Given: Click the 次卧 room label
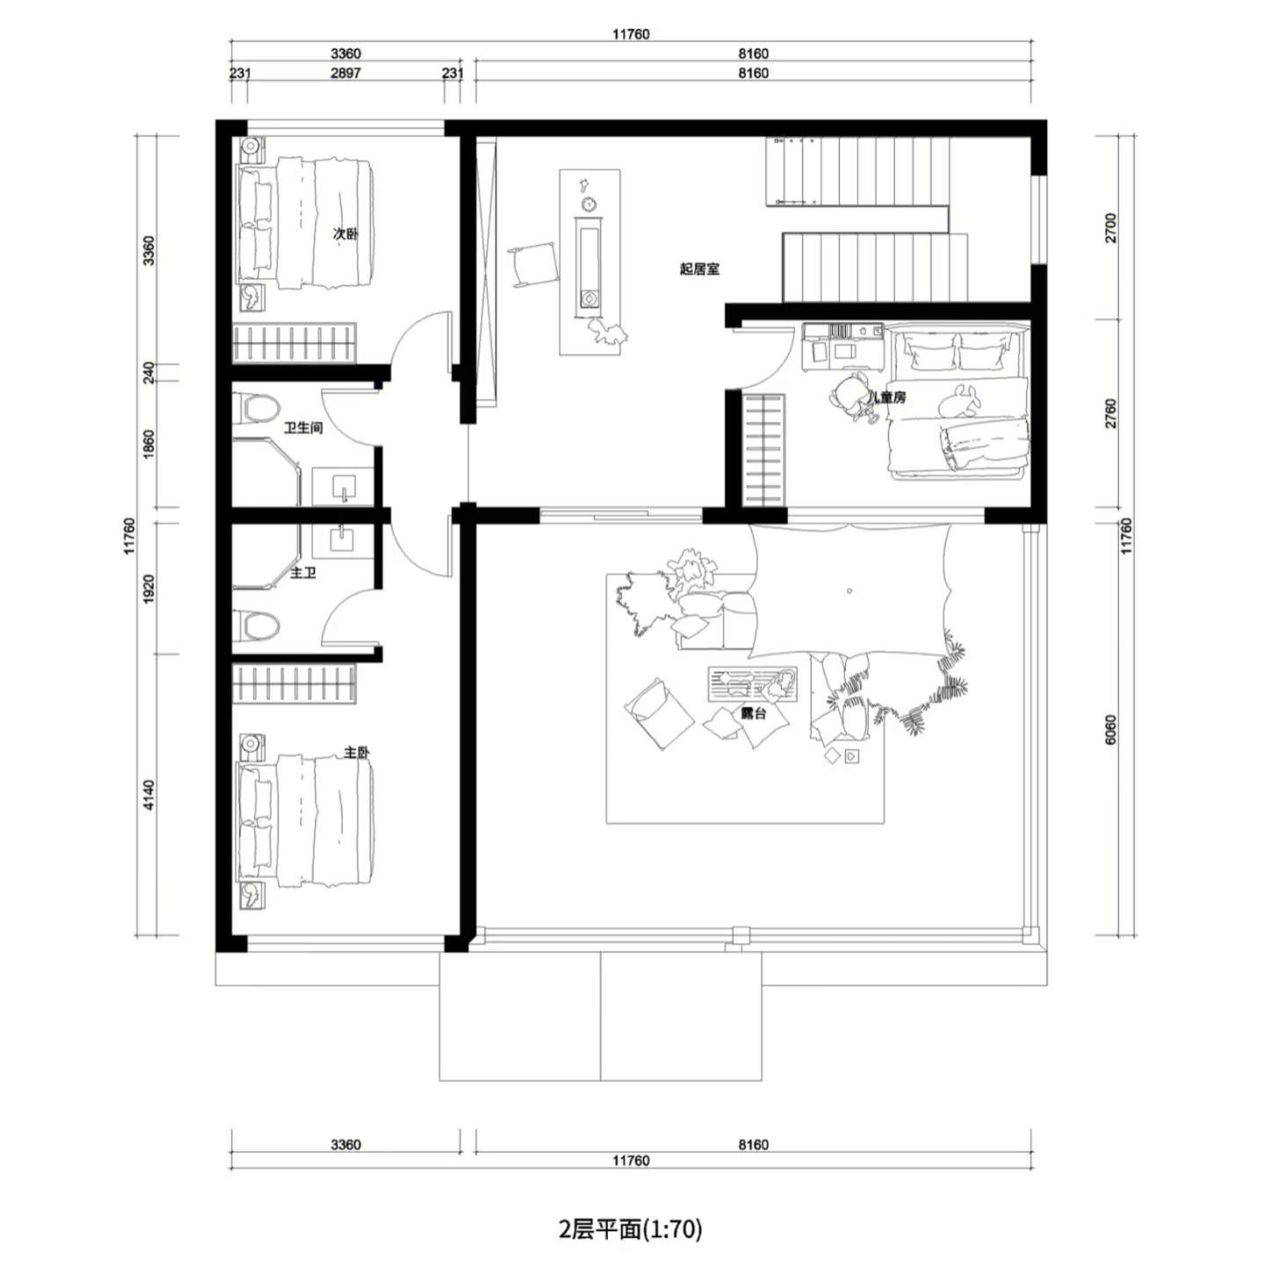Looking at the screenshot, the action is click(x=344, y=234).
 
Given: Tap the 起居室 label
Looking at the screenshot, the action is click(x=699, y=269).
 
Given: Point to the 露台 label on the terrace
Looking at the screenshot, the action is click(x=753, y=713).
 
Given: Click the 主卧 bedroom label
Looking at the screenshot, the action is click(x=357, y=752).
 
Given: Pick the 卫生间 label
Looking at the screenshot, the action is click(x=304, y=428).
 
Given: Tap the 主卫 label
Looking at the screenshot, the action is click(x=303, y=573).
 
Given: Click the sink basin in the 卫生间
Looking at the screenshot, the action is click(x=343, y=486).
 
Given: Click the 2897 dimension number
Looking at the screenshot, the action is click(x=345, y=73).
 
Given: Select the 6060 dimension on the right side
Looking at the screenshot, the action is click(x=1110, y=729).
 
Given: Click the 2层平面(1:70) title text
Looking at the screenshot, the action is click(x=631, y=1229).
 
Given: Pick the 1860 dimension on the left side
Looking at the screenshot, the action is click(x=148, y=444).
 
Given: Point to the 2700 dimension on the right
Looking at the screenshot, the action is click(x=1110, y=228).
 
